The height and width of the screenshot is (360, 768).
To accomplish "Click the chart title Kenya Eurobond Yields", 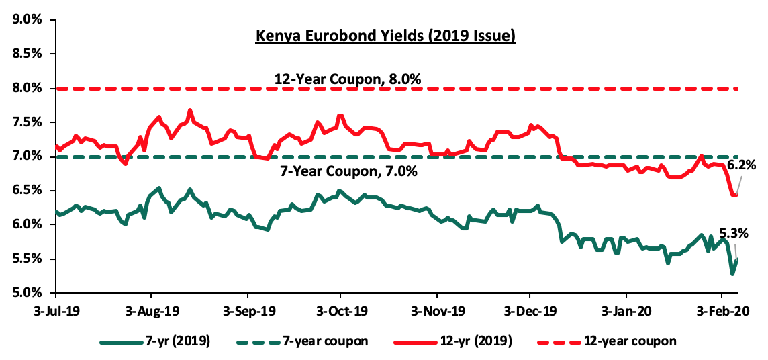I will click(385, 36).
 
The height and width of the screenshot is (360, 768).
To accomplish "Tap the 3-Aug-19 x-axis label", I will click(151, 312).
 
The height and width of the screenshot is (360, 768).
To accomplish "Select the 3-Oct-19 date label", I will click(340, 312).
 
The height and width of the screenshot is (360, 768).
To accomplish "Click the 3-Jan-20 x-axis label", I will click(626, 312).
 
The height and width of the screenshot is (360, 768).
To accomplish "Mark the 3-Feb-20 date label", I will click(722, 312).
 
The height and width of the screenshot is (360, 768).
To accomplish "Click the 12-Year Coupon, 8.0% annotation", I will click(347, 79).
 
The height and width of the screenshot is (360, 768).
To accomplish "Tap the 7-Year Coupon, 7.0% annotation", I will click(348, 171).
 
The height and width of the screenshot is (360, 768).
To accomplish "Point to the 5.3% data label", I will click(734, 233).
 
